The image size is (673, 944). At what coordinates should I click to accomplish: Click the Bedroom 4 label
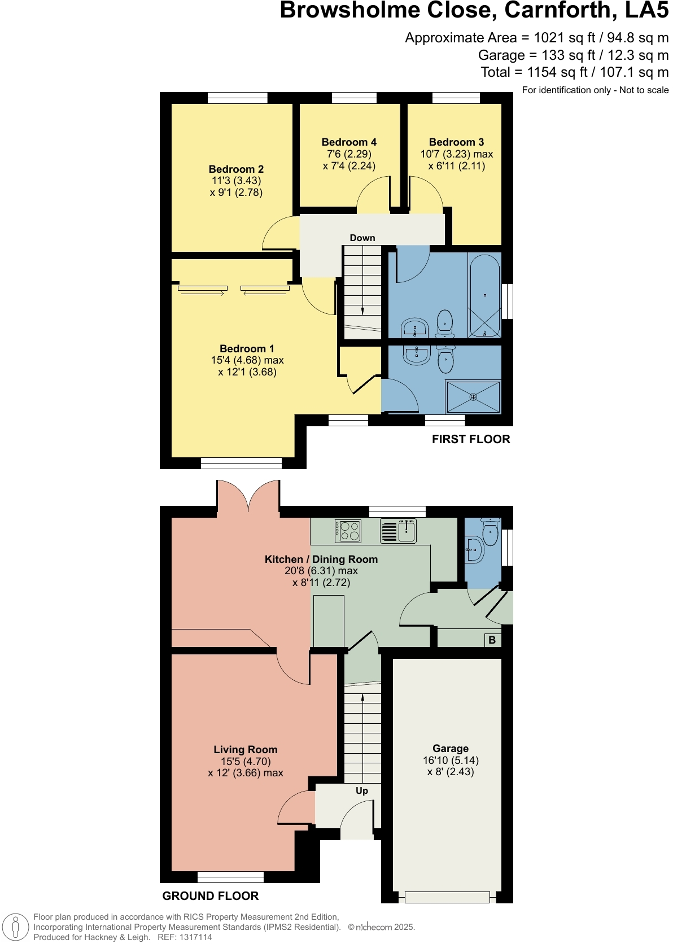tap(349, 142)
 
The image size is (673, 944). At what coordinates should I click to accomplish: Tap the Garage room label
tap(451, 749)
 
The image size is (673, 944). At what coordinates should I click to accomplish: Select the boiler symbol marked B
tap(492, 640)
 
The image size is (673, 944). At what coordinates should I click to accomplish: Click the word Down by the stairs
tap(362, 238)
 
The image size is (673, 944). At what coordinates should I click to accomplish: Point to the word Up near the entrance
tap(362, 790)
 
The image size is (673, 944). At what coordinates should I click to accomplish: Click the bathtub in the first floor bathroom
tap(484, 296)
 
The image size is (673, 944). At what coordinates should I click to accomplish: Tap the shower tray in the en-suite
tap(473, 397)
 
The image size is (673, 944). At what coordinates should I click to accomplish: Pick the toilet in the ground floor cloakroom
tap(490, 531)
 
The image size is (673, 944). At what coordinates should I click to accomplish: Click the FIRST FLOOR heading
tap(471, 439)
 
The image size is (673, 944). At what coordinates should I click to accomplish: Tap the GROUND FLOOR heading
tap(211, 896)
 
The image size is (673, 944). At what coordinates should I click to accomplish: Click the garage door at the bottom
tap(447, 897)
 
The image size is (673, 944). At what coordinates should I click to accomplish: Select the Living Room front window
tap(230, 877)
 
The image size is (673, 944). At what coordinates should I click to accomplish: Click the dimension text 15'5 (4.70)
tap(246, 761)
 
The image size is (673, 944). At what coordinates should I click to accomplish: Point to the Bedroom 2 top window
tap(237, 98)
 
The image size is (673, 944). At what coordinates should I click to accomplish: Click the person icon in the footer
tap(16, 927)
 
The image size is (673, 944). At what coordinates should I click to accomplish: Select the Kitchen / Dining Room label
tap(321, 560)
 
